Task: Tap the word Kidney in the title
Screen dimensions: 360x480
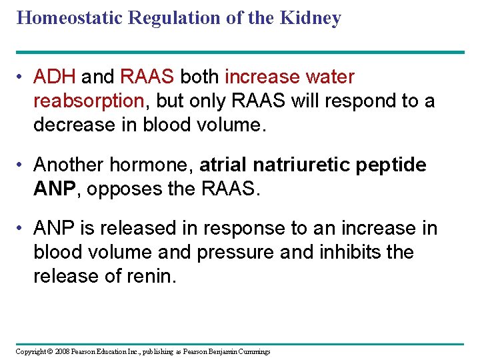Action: point(311,17)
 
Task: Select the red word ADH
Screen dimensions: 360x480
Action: point(55,77)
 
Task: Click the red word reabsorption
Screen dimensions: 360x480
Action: point(89,101)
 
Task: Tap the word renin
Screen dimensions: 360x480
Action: point(153,276)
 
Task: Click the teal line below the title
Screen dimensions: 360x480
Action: point(240,52)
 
